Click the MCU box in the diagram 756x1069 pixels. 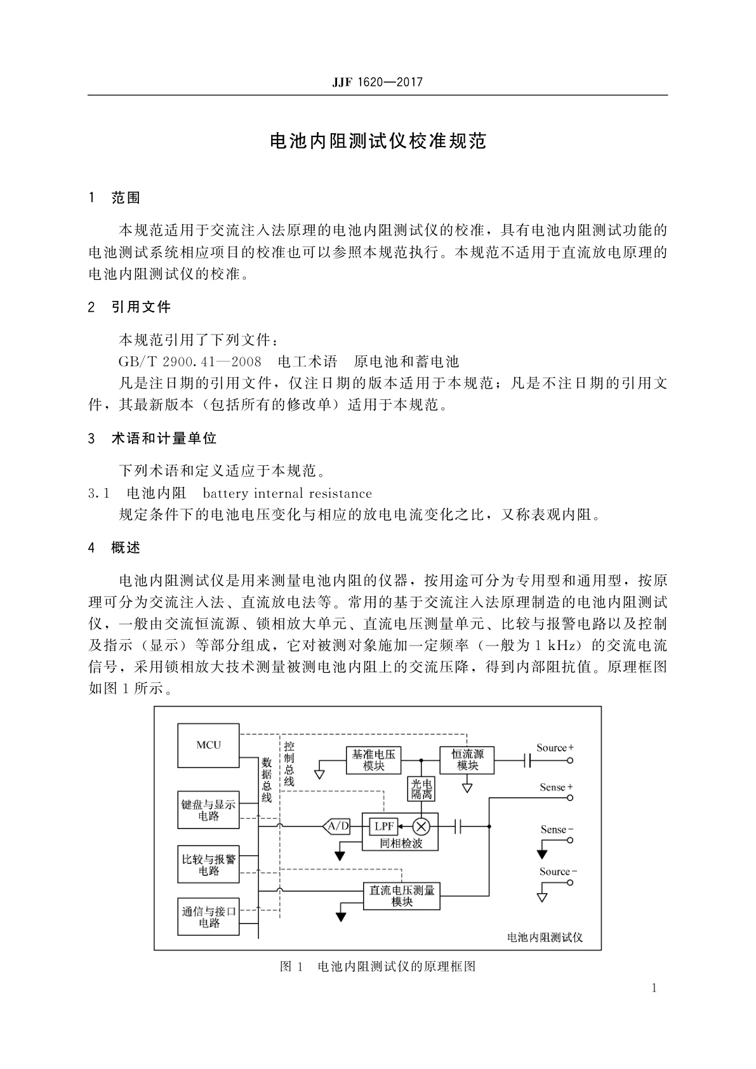pos(208,745)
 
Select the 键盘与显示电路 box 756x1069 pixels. pos(208,810)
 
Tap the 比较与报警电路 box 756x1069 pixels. pos(208,865)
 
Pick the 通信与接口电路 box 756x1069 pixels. pos(208,917)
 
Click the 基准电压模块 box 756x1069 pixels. pos(374,760)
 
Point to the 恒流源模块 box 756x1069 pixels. pos(467,760)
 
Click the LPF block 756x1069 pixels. pos(384,827)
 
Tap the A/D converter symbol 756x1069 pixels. pos(338,827)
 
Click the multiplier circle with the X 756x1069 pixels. pos(421,827)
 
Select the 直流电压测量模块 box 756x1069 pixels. pos(402,896)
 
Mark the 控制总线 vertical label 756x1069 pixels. pos(289,764)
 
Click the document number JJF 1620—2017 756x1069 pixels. pos(377,83)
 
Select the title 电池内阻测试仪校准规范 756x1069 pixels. pos(378,141)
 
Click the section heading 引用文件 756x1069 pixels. pos(141,307)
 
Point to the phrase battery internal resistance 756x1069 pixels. pos(287,493)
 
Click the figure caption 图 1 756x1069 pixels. pos(291,967)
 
